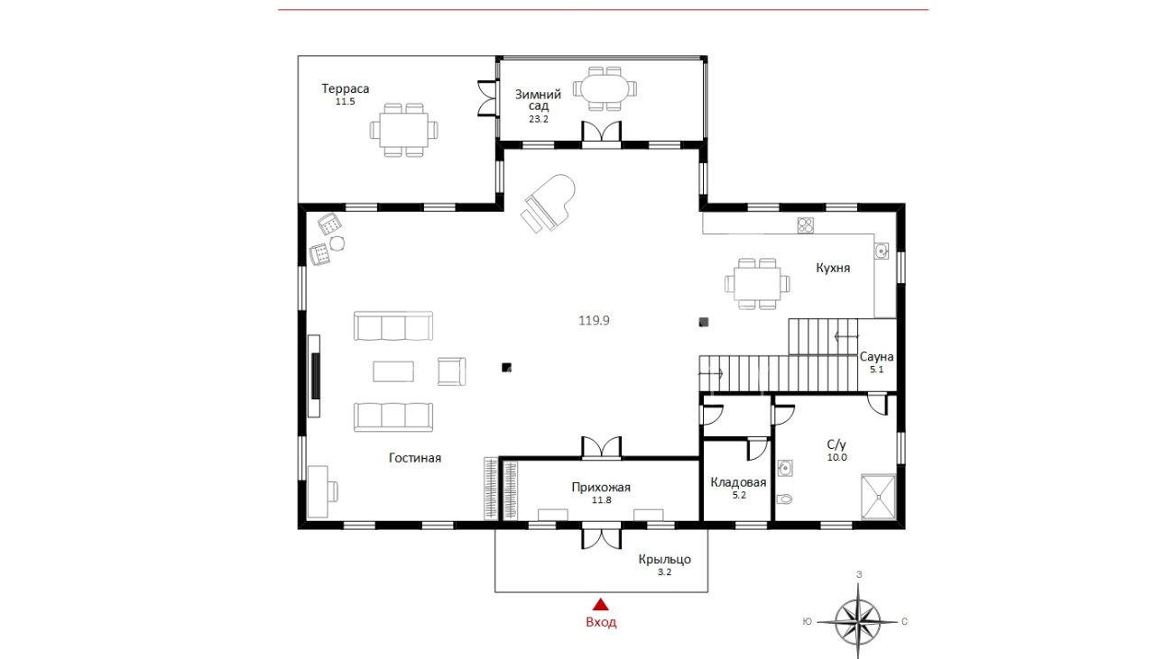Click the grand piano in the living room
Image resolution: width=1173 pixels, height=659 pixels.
point(548,204)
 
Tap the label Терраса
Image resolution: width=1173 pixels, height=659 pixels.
point(345,88)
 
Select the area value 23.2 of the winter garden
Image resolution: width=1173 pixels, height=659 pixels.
point(539,119)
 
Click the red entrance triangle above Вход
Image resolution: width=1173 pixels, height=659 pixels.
point(601,605)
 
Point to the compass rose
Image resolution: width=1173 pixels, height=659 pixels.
point(858,621)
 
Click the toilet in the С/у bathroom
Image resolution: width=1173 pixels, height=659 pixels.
point(784,499)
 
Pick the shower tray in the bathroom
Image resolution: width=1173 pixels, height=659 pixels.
point(878,497)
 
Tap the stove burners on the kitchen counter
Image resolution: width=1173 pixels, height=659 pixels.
point(806,225)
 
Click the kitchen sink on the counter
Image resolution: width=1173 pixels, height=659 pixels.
point(882,251)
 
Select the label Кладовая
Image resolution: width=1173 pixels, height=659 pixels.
point(738,482)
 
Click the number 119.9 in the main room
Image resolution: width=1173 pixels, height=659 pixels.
point(594,320)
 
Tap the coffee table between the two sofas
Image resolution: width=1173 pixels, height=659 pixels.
point(393,371)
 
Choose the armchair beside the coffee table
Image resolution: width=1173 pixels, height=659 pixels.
point(451,371)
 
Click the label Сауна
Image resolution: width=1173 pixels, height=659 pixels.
point(877,357)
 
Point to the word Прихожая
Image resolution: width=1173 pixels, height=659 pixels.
point(601,488)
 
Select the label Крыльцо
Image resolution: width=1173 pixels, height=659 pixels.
point(664,559)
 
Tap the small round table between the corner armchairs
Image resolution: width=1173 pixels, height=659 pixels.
point(337,243)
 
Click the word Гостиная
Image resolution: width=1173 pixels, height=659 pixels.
point(415,458)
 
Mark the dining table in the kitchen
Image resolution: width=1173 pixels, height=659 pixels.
point(757,283)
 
